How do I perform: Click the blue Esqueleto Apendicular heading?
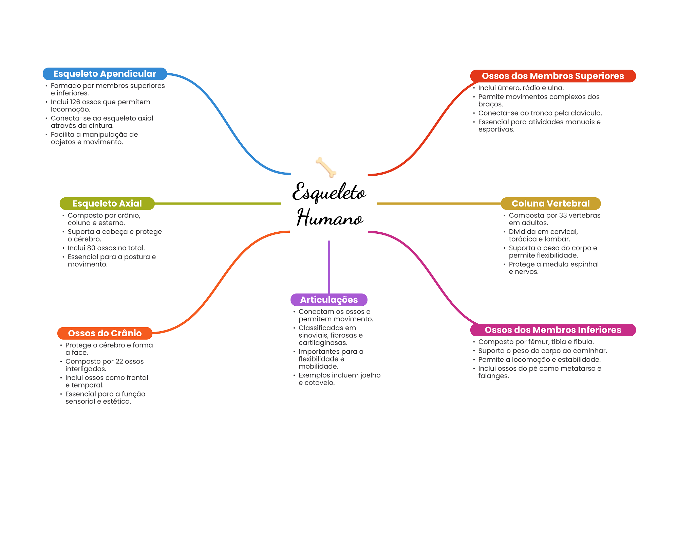[105, 74]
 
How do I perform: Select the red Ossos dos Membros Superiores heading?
[552, 76]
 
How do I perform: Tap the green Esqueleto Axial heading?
[107, 203]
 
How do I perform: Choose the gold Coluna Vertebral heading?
[550, 203]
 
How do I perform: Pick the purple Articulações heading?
[329, 300]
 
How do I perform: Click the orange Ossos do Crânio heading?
[105, 333]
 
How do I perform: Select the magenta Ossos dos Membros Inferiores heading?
[552, 330]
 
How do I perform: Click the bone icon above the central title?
[326, 167]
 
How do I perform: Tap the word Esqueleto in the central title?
[329, 193]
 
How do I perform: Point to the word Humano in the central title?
[330, 218]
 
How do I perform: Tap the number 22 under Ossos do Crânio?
[119, 361]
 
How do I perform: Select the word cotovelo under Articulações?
[319, 383]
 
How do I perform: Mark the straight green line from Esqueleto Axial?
[217, 203]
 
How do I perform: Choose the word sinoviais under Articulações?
[313, 335]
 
